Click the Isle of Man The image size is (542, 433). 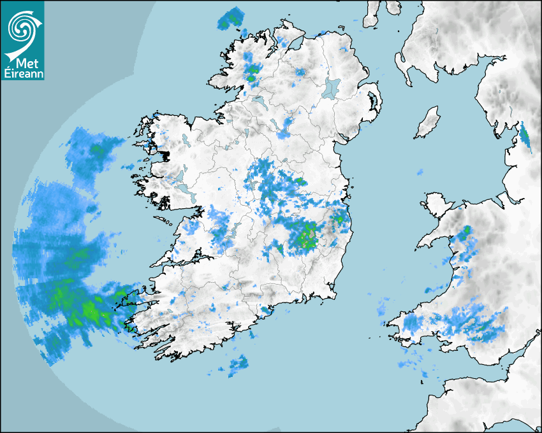point(427,123)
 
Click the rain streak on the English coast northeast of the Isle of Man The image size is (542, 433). point(525,136)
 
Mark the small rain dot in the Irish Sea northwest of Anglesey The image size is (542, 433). point(420,172)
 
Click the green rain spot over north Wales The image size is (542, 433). point(467,230)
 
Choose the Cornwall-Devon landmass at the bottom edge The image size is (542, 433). point(485,401)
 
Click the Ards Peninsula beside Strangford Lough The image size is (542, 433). point(377,102)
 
